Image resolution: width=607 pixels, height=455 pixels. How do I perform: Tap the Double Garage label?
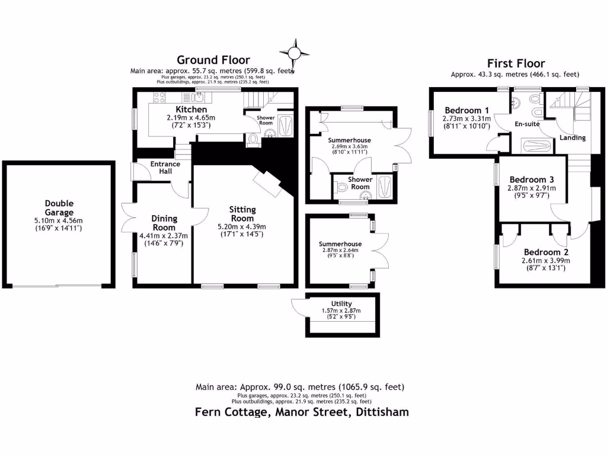coord(59,207)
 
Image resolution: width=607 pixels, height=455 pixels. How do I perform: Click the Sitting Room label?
coord(243,214)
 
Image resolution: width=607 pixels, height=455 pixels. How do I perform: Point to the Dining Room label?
coord(164,223)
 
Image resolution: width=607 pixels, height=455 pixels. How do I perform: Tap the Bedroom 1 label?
coord(467,110)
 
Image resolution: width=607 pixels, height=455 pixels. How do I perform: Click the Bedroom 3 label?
coord(532,180)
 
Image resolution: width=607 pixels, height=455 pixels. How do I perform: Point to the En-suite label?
coord(527,124)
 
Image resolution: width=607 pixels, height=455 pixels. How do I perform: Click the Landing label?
coord(573,137)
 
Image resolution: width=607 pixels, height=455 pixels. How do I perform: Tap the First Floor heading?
coord(516,63)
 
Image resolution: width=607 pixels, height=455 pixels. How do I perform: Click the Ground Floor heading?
coord(213,60)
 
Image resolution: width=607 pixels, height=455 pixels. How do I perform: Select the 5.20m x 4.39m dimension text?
coord(243,226)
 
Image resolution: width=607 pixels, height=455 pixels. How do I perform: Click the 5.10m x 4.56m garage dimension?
coord(59,220)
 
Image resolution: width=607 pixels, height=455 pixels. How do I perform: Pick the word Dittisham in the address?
coord(382,412)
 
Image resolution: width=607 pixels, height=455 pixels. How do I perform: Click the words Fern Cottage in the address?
coord(231,412)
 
